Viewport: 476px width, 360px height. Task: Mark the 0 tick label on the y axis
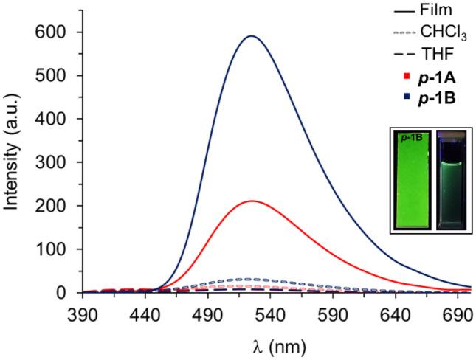pyautogui.click(x=65, y=293)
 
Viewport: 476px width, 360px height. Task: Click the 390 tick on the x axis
pyautogui.click(x=83, y=314)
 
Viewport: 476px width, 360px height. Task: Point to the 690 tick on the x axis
pyautogui.click(x=458, y=314)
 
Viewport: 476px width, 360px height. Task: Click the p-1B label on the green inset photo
pyautogui.click(x=406, y=137)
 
